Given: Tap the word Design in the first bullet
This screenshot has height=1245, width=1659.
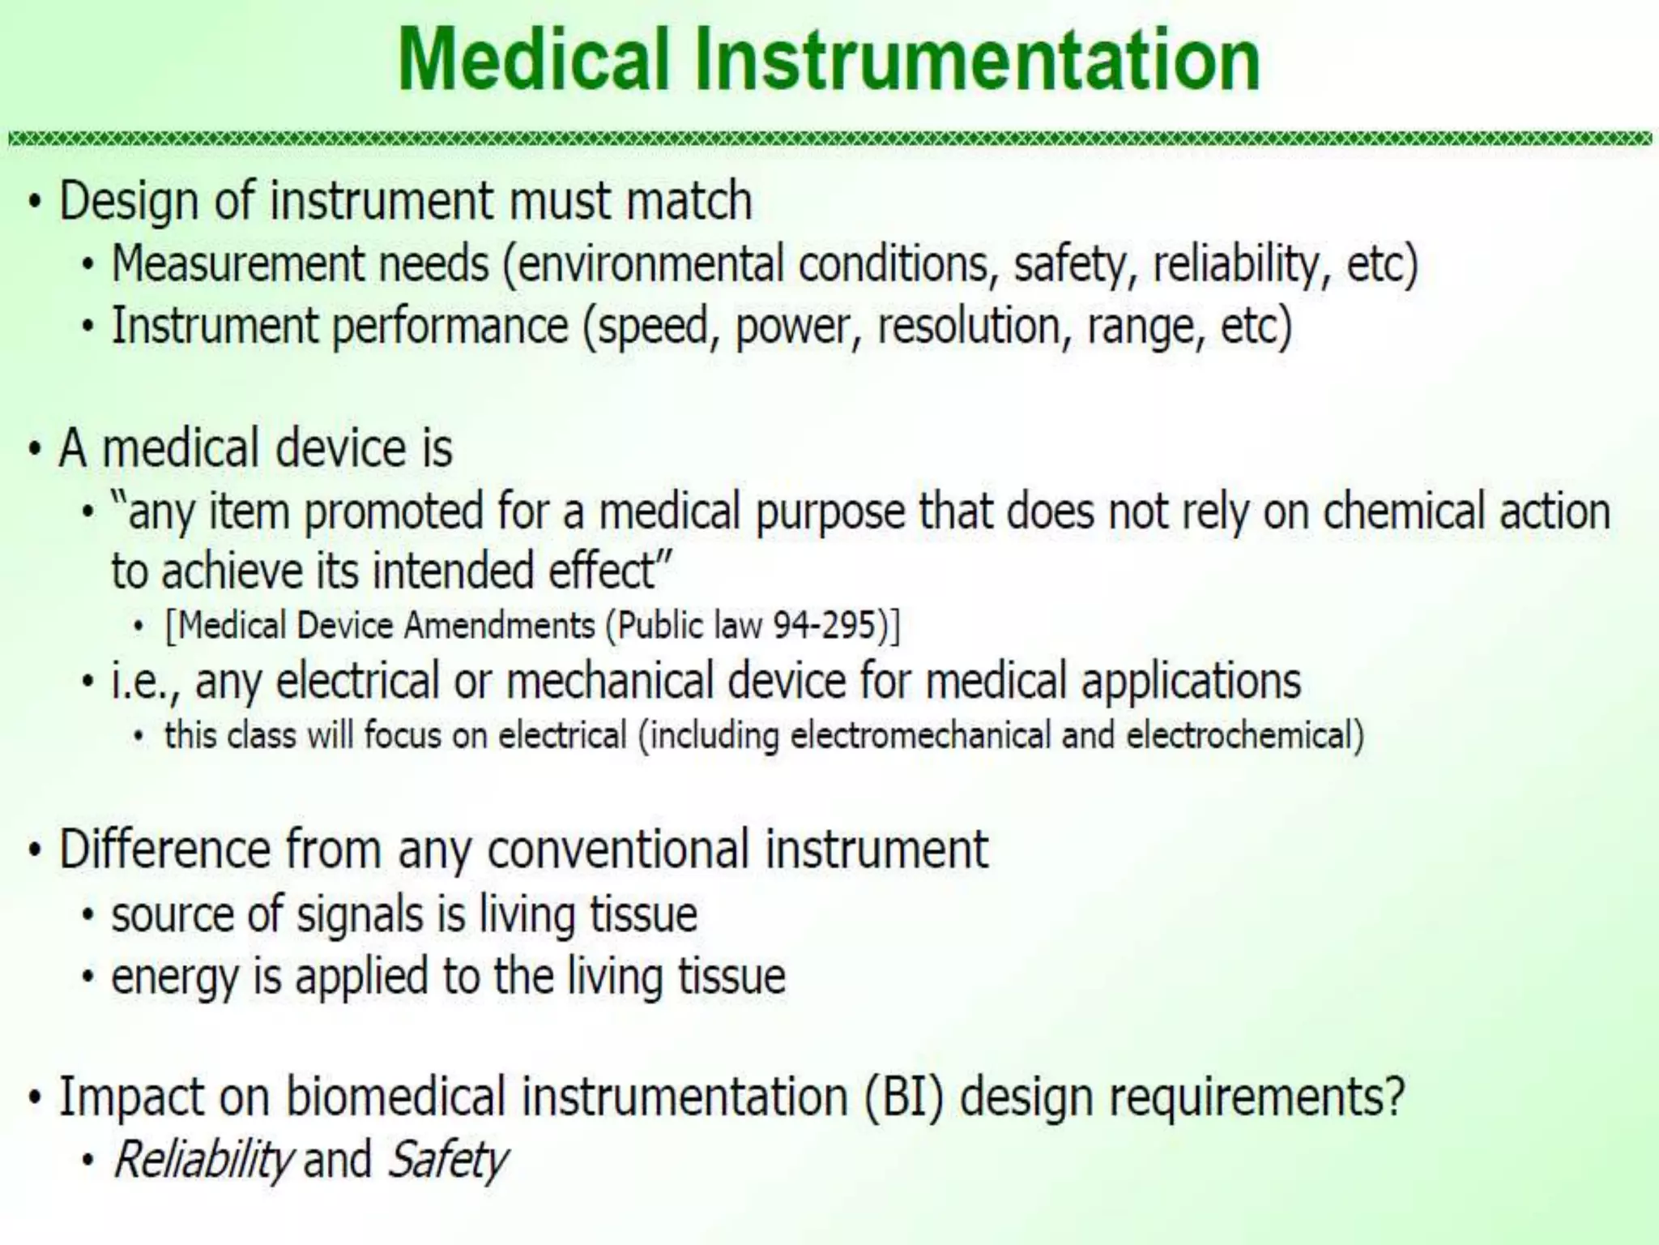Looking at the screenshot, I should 129,202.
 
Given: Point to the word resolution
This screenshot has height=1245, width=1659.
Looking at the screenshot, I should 970,327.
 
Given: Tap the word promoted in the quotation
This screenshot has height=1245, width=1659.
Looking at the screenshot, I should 394,512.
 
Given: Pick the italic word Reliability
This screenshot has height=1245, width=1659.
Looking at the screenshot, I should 202,1159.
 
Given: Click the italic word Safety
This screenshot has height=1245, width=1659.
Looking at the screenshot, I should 447,1159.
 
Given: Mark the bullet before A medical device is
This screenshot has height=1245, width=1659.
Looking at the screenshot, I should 33,449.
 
